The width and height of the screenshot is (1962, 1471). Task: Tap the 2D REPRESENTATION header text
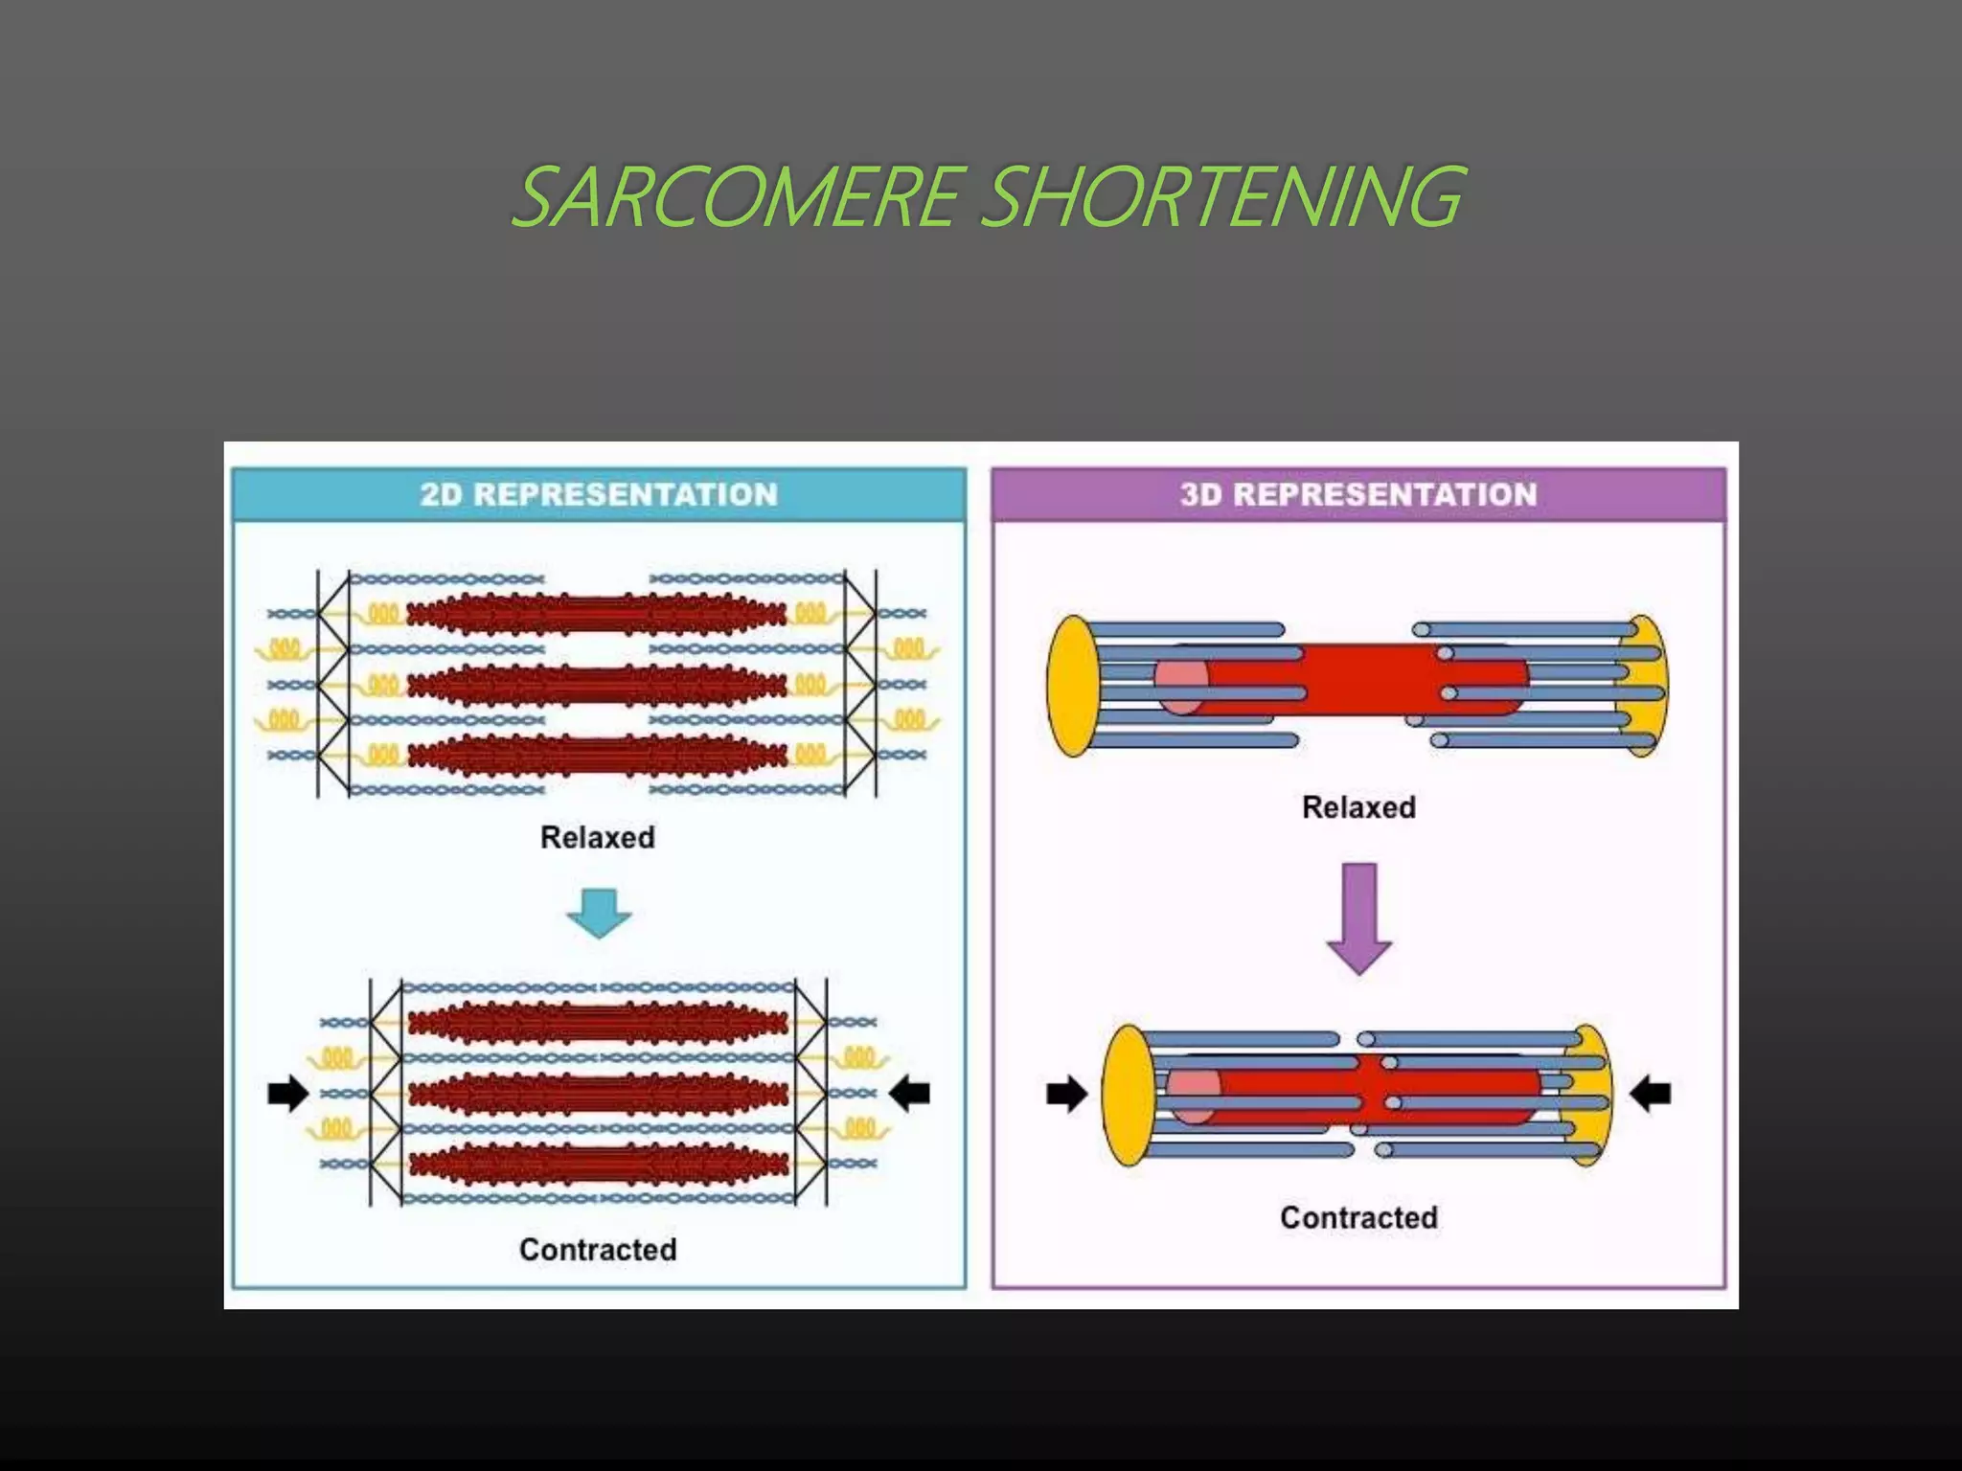click(598, 494)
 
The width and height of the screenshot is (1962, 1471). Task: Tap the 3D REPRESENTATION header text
click(1358, 494)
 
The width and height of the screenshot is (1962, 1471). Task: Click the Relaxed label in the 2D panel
click(598, 837)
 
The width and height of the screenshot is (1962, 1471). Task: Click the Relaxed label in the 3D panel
click(1358, 807)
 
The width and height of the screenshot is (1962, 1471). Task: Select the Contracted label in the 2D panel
click(598, 1249)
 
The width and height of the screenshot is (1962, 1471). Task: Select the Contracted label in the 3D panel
click(1358, 1217)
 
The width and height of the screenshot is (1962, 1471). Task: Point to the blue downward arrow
click(599, 912)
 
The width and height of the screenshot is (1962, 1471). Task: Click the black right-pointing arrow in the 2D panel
click(287, 1093)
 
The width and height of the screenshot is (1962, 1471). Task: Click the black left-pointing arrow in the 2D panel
click(910, 1093)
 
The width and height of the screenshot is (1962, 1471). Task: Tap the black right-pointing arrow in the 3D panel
click(1066, 1094)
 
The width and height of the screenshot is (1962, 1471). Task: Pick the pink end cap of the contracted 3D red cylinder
click(1193, 1094)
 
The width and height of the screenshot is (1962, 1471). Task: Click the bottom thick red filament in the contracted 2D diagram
click(598, 1165)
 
